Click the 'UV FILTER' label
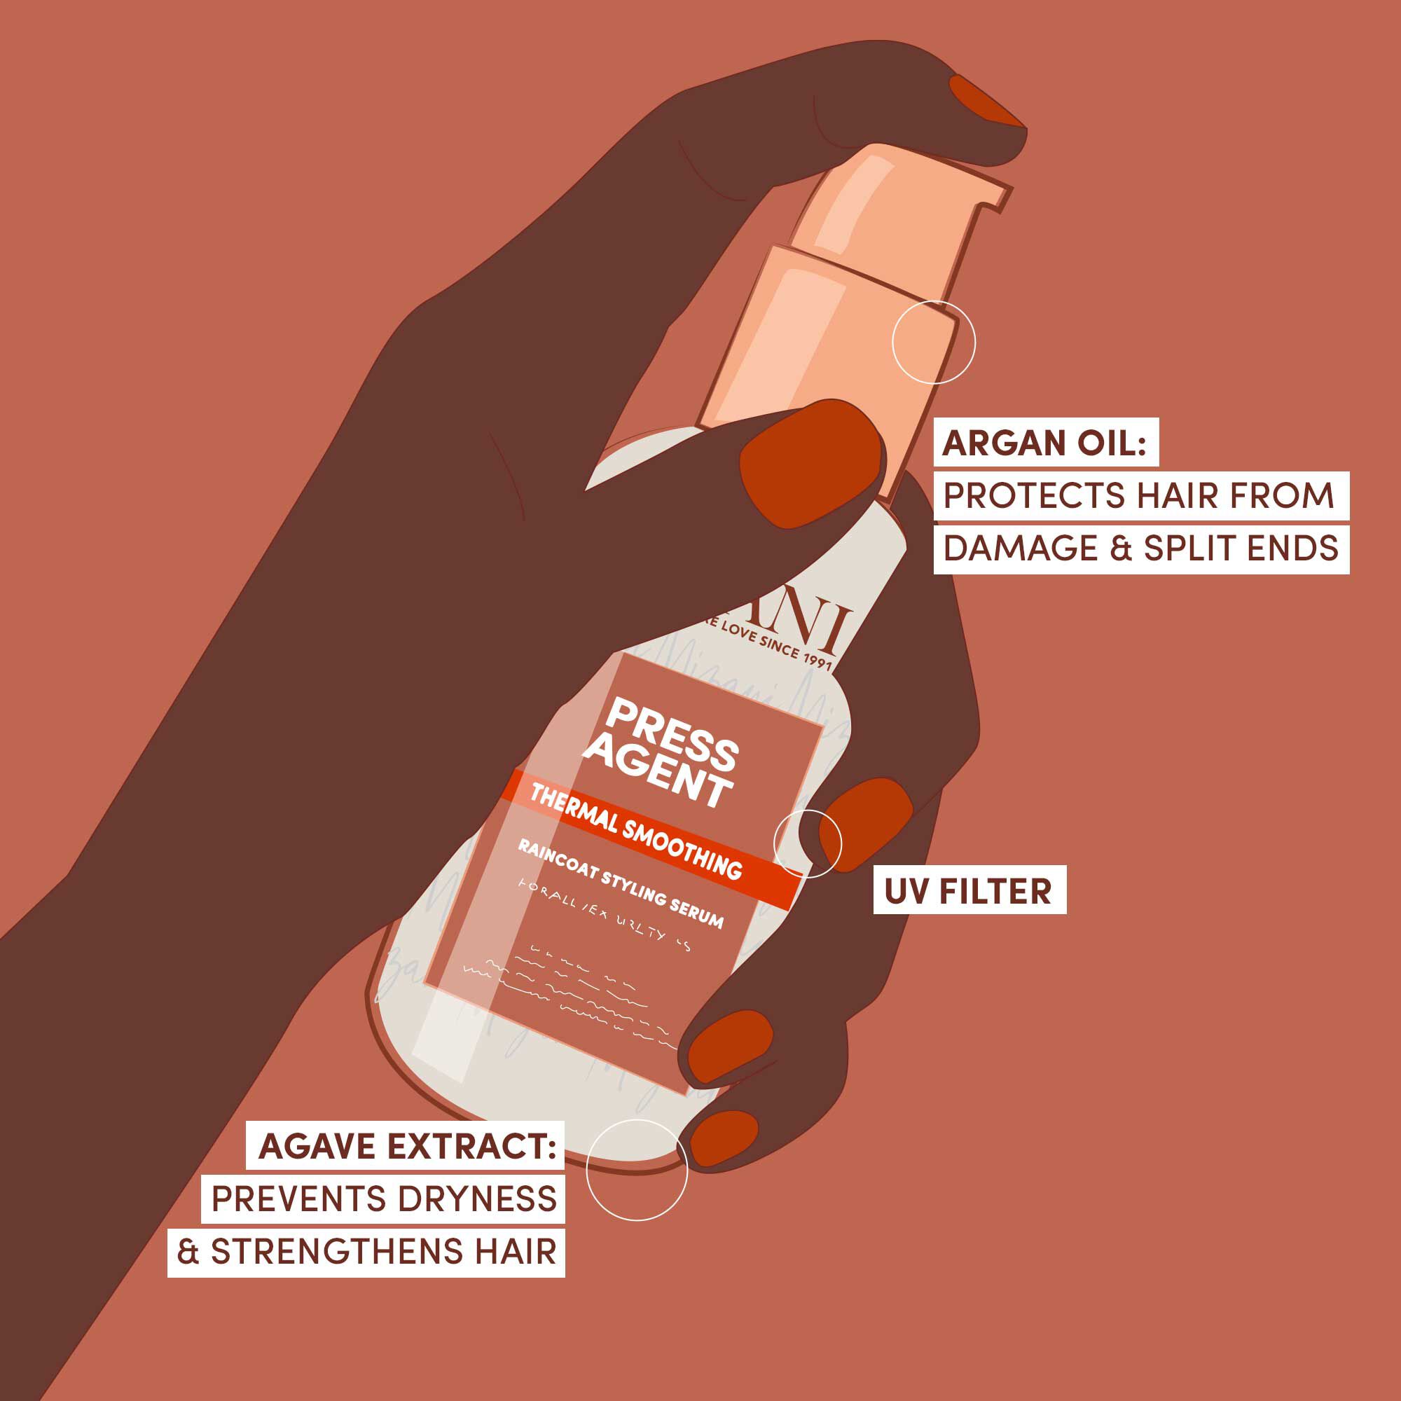coord(968,891)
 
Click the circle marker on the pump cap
coord(933,343)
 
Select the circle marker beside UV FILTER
coord(808,843)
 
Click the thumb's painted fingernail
coord(810,464)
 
